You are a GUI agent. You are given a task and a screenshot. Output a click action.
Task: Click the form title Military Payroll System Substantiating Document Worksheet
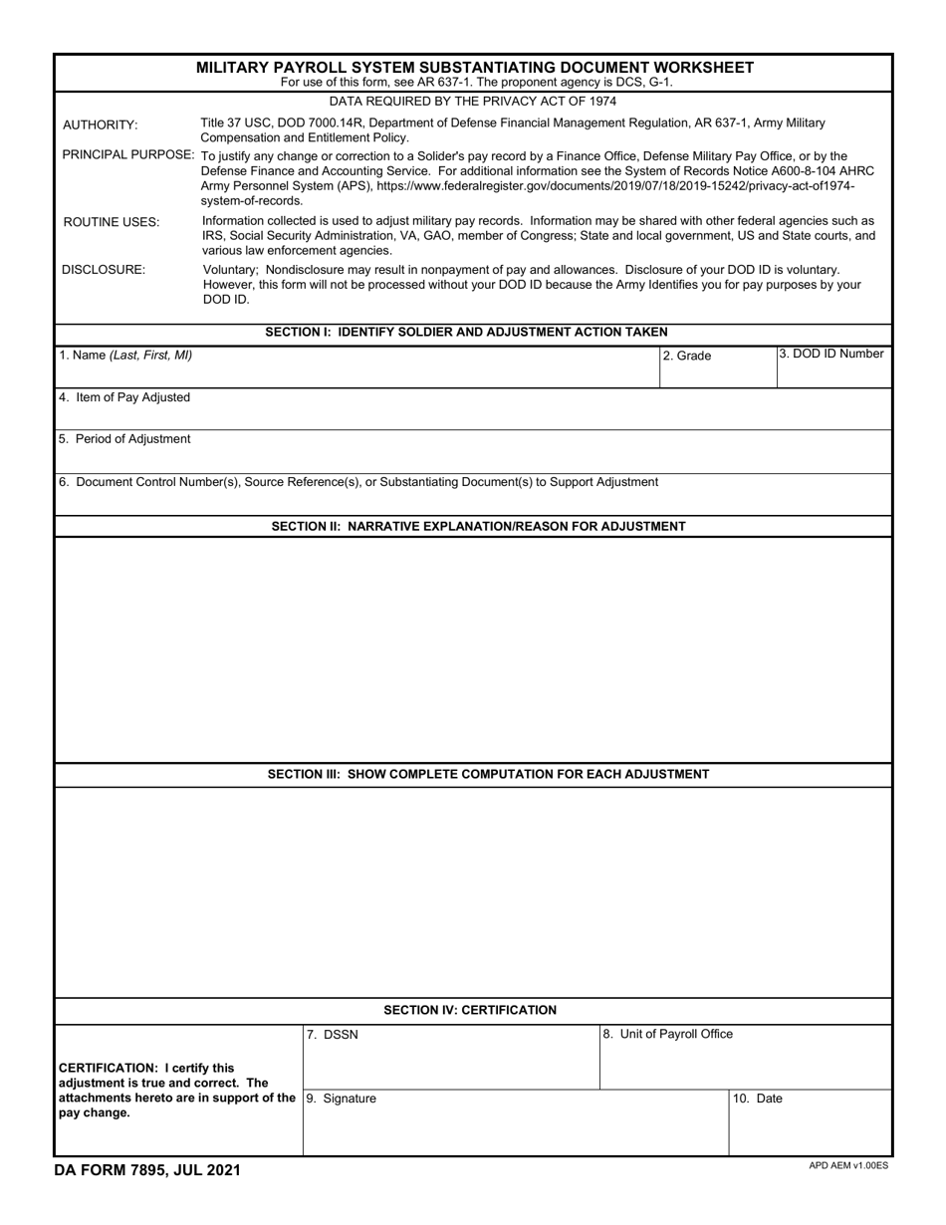click(474, 68)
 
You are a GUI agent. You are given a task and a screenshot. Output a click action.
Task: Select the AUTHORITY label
click(101, 124)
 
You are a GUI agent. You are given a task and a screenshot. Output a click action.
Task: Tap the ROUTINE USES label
click(111, 222)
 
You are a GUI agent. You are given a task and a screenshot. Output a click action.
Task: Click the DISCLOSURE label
click(104, 270)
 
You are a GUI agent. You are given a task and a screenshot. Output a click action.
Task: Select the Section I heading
click(466, 332)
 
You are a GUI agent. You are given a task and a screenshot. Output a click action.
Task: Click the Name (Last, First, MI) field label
click(125, 355)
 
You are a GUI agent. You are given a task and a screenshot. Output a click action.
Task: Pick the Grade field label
click(687, 356)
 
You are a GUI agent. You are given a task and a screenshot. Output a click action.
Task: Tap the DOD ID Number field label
click(831, 354)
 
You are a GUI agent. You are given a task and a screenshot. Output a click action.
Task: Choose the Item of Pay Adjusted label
click(124, 397)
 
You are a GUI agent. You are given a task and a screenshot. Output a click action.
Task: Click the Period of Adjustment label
click(124, 439)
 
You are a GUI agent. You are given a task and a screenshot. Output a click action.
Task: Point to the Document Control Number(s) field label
click(358, 482)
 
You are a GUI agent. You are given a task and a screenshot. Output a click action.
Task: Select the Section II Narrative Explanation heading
click(478, 526)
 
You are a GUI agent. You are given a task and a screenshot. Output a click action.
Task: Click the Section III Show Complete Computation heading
click(488, 774)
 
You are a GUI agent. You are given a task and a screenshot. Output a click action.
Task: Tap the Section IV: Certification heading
click(470, 1010)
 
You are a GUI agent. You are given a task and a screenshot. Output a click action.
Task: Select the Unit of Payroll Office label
click(667, 1034)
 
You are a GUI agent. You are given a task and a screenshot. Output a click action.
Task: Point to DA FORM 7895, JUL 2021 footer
click(147, 1171)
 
